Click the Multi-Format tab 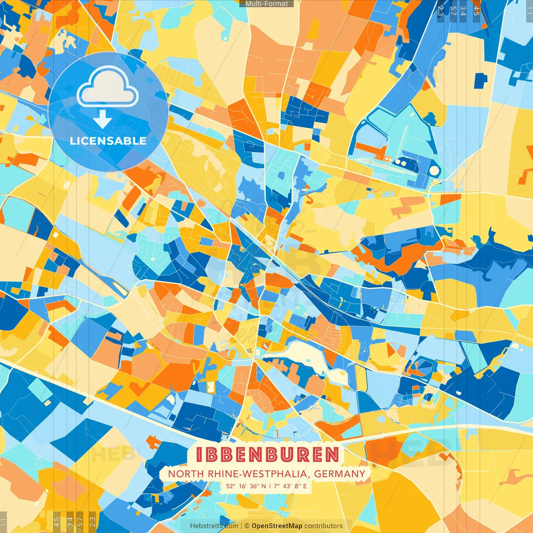266,4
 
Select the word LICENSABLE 108,141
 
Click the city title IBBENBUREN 267,455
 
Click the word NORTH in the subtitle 180,474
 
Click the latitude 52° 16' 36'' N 246,486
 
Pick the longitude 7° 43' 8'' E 290,486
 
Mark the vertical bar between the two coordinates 269,486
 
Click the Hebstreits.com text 214,526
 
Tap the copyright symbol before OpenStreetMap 247,526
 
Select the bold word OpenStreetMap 277,526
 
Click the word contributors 324,526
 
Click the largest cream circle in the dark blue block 434,170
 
